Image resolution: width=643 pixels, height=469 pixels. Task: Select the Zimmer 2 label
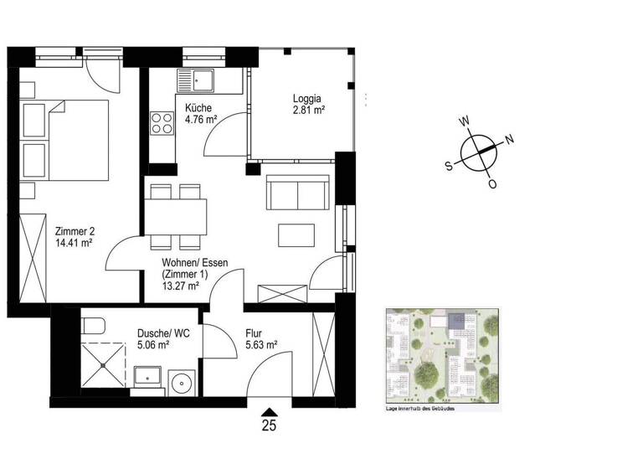tap(73, 231)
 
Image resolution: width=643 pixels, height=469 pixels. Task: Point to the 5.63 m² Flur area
tap(261, 343)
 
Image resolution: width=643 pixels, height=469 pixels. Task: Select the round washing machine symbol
tap(182, 384)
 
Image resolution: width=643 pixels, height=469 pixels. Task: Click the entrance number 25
tap(269, 425)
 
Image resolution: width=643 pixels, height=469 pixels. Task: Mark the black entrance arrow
tap(269, 410)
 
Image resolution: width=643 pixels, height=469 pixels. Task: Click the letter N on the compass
tap(510, 139)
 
